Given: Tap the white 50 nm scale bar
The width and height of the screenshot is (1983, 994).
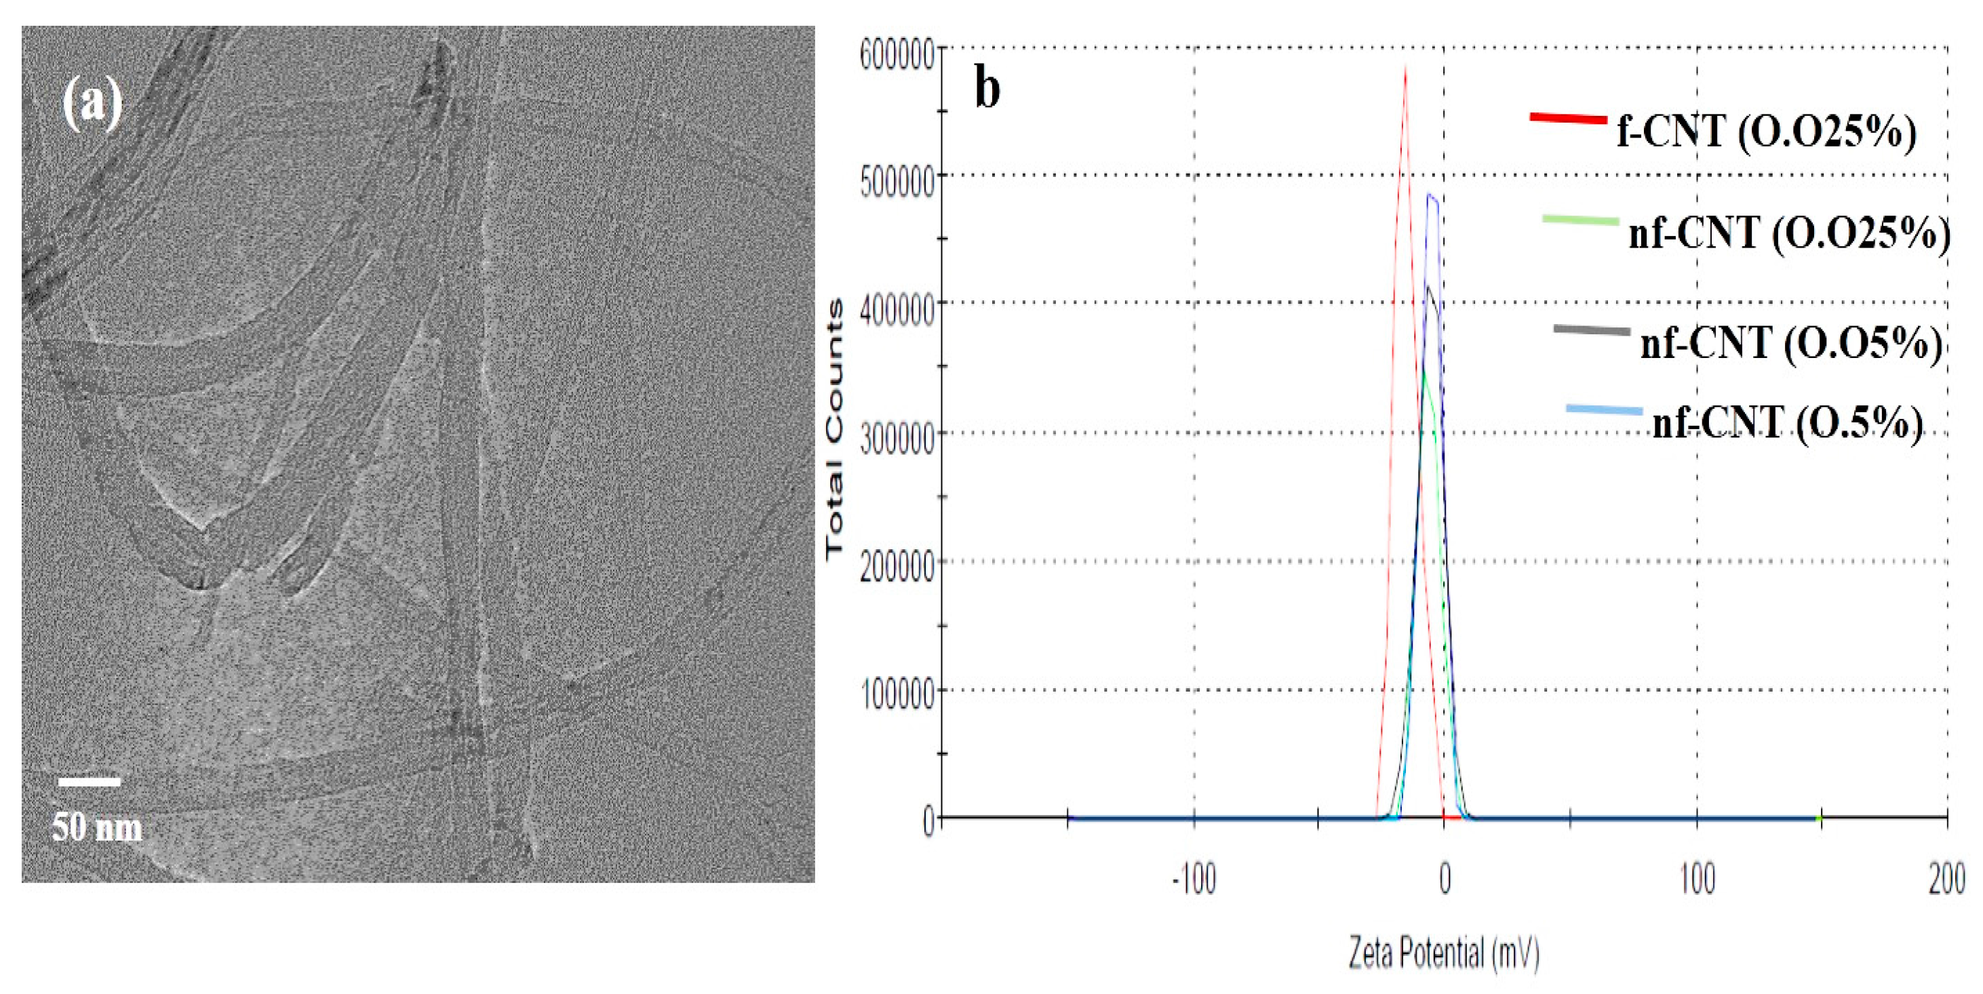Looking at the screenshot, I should click(90, 782).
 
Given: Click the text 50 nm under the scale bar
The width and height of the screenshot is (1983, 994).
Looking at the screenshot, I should click(97, 828).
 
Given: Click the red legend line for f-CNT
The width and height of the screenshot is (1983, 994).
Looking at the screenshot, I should click(1568, 119).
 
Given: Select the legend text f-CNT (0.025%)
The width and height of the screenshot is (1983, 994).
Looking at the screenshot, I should click(1766, 132).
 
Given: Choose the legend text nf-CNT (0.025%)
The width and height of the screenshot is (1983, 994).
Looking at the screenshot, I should click(1789, 232).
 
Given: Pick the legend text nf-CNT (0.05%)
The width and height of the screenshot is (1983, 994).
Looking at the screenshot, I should click(1790, 342).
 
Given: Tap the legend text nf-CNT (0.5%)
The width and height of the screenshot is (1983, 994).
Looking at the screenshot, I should click(1788, 422).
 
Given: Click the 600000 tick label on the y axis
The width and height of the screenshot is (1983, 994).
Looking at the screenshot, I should click(897, 56).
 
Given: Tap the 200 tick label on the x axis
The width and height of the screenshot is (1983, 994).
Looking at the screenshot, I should click(1946, 880).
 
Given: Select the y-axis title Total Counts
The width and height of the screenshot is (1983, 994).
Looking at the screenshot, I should click(834, 429).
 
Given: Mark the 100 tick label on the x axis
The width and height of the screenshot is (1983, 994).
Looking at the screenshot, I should click(1697, 880).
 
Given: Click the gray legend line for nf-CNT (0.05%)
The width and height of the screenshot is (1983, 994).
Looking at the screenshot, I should click(1592, 331).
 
